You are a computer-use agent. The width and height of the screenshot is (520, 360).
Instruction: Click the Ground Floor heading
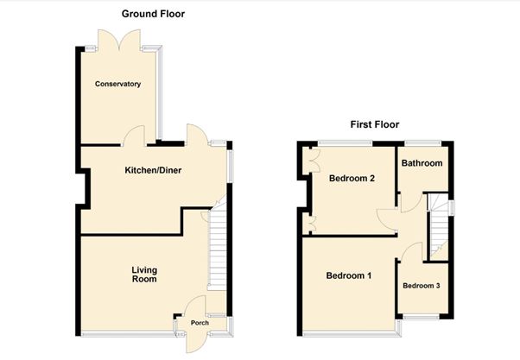(153, 14)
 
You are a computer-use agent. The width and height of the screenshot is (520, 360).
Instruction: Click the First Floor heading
(375, 124)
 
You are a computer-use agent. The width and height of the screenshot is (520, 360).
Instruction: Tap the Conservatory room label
(117, 84)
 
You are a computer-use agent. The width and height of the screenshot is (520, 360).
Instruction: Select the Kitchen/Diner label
(153, 170)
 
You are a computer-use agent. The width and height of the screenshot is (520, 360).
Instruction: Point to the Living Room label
(144, 275)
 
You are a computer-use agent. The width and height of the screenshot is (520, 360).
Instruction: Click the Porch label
(200, 323)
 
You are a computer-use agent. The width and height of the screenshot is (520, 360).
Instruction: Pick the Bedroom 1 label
(349, 275)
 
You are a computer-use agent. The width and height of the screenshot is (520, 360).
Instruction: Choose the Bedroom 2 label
(352, 179)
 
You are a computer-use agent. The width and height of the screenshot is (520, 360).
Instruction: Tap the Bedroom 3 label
(422, 286)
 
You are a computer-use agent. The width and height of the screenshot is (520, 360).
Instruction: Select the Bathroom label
(422, 163)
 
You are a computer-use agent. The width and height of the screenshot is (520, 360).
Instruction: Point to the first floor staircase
(439, 226)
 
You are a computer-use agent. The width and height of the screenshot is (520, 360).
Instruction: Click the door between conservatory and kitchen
(134, 136)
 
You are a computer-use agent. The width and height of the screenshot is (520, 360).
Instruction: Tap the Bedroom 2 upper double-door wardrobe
(312, 161)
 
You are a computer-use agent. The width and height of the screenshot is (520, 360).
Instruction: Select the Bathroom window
(423, 143)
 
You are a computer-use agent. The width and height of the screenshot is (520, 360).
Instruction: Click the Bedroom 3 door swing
(410, 251)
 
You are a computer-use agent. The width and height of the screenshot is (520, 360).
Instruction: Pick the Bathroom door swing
(411, 203)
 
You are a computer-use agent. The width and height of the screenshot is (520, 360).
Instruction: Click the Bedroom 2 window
(345, 143)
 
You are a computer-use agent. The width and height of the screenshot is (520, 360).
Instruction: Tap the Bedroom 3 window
(421, 317)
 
